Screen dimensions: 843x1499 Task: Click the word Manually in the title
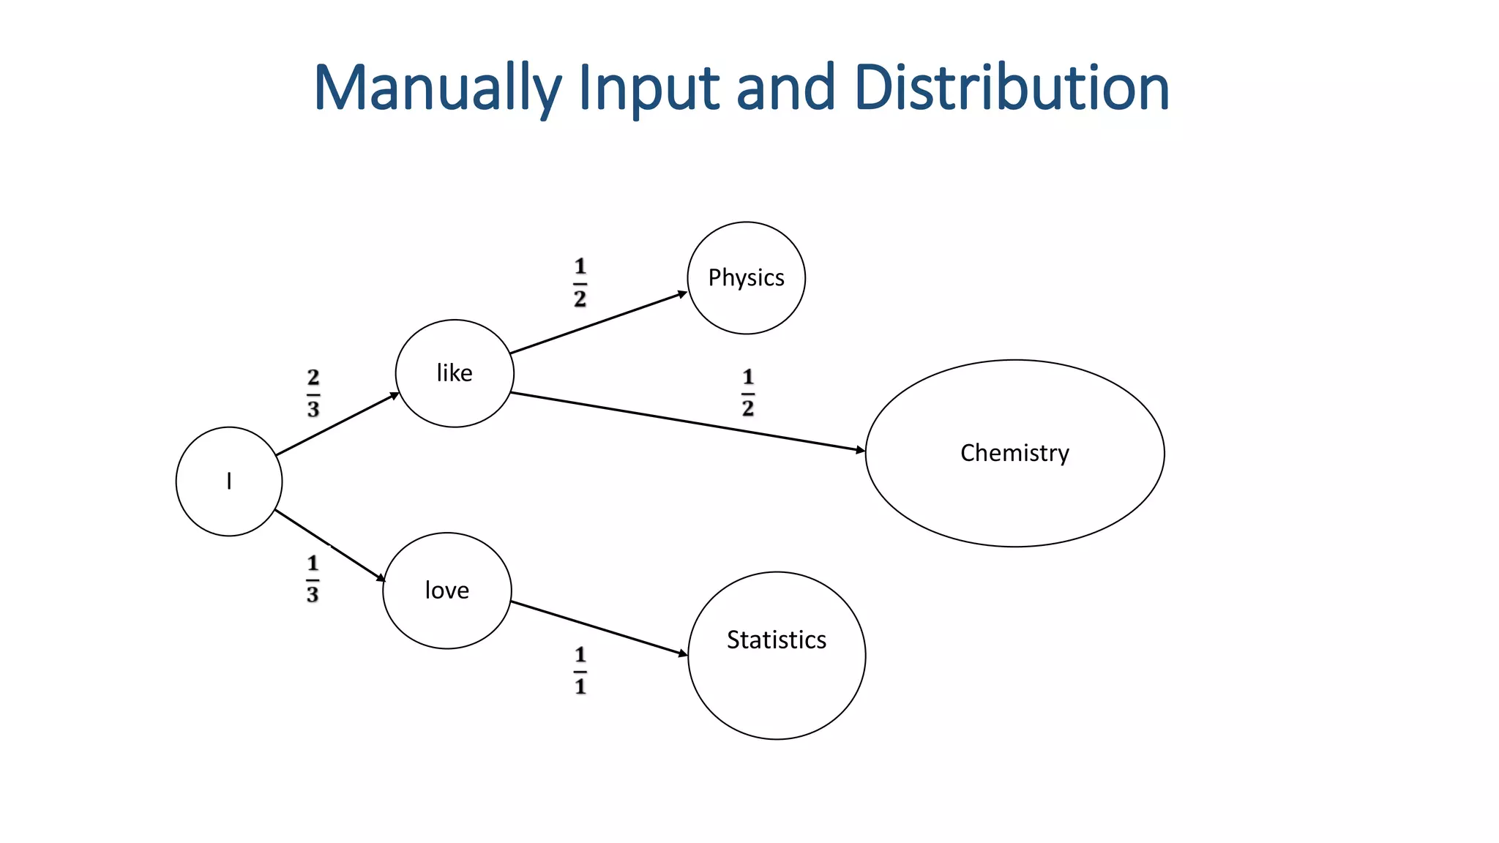point(437,88)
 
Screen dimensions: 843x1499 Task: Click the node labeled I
point(229,482)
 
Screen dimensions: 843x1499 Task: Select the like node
point(455,373)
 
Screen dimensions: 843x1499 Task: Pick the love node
point(446,591)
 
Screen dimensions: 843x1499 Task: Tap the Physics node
point(746,278)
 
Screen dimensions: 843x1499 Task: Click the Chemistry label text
point(1014,453)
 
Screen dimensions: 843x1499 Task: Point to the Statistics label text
point(776,640)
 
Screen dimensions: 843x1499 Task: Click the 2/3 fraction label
point(313,394)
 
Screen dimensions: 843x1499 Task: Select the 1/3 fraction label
point(313,580)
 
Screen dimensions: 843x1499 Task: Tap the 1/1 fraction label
point(580,670)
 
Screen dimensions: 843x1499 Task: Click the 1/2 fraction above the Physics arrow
point(580,282)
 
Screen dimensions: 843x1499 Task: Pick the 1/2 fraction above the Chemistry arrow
point(747,393)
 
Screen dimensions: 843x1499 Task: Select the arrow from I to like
point(337,424)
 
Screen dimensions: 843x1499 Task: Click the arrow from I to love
point(329,545)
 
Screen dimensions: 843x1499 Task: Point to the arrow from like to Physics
point(598,323)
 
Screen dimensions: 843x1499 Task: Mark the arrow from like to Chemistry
point(688,422)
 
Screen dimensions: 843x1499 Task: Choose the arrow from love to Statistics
point(599,628)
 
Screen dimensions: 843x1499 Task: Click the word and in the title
point(785,88)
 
